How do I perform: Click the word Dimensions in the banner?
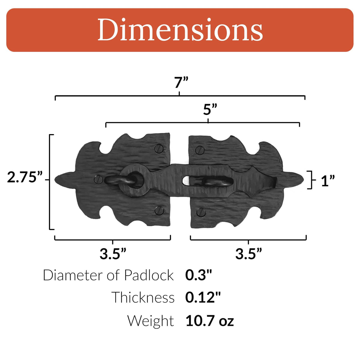tap(180, 30)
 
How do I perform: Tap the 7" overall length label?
tap(181, 82)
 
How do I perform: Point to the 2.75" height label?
tap(25, 178)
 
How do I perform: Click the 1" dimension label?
tap(328, 181)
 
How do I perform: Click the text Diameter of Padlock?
tap(108, 275)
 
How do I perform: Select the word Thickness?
tap(143, 298)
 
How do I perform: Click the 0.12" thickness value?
tap(203, 298)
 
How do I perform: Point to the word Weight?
tap(150, 321)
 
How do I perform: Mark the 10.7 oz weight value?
tap(209, 321)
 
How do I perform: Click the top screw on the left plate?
tap(158, 148)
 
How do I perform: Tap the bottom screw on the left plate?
tap(159, 211)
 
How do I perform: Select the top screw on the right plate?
tap(200, 150)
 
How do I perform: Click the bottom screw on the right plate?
tap(201, 212)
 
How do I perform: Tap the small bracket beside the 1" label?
tap(311, 180)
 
